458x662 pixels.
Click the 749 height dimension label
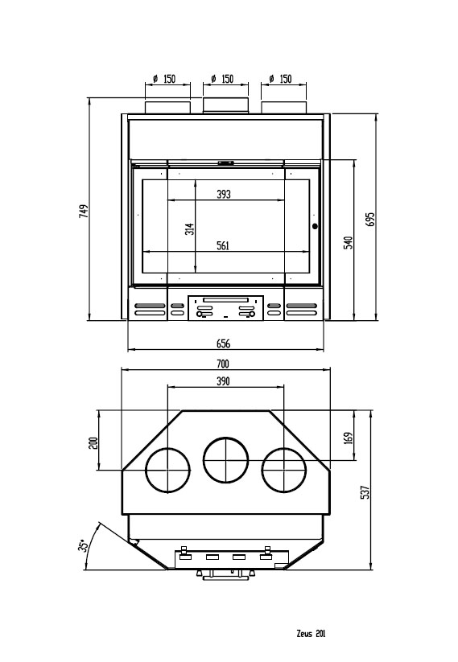(x=85, y=211)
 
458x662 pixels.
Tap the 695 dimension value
(x=369, y=219)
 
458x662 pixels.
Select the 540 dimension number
(x=349, y=242)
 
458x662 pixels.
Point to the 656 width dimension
(x=224, y=343)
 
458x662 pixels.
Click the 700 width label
(x=223, y=364)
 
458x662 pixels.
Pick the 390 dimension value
(x=223, y=381)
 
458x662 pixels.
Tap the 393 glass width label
(x=224, y=194)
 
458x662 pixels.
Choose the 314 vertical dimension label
(x=190, y=229)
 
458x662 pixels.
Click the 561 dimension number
(x=223, y=245)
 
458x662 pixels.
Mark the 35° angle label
(x=84, y=545)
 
